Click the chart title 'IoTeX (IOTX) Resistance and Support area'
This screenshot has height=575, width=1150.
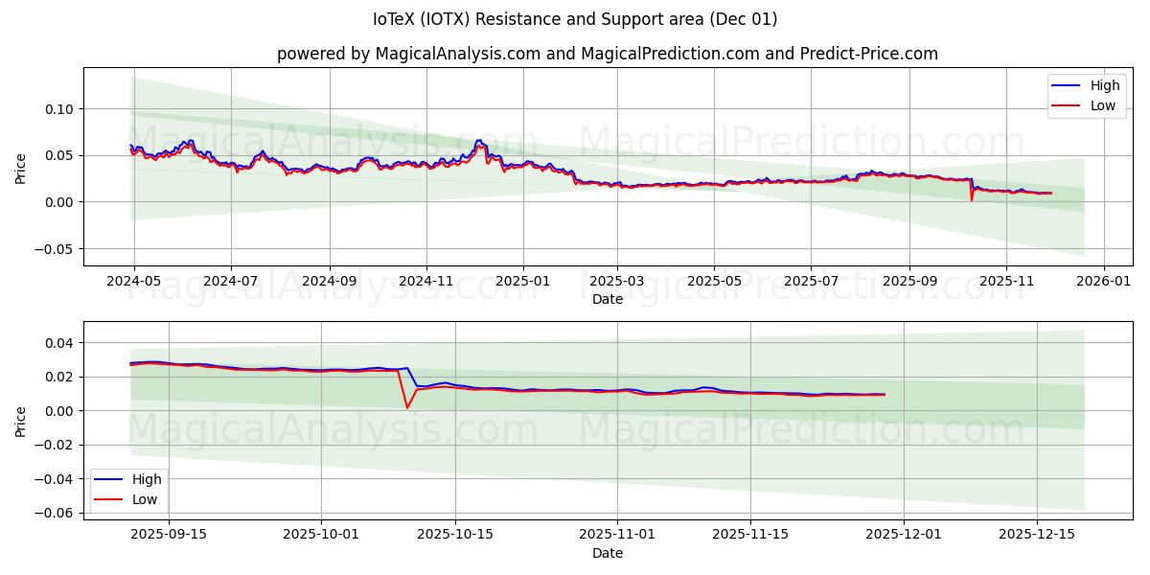coord(575,19)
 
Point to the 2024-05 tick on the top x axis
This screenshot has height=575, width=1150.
coord(133,282)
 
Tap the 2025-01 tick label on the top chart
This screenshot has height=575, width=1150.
coord(523,282)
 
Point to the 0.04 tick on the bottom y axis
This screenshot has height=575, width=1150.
coord(61,343)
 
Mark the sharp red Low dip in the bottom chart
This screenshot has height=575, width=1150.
coord(406,407)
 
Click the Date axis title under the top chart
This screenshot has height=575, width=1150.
coord(607,299)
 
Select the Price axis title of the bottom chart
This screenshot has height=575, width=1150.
coord(21,421)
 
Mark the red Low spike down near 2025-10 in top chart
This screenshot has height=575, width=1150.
coord(971,198)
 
